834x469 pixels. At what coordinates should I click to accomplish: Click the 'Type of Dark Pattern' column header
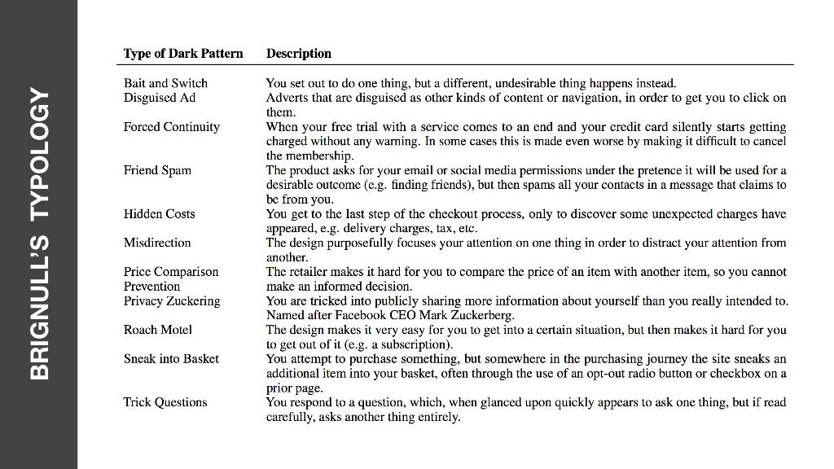coord(183,54)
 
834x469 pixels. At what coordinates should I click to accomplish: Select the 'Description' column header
coord(299,54)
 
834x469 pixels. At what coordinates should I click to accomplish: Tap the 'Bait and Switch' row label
coord(165,83)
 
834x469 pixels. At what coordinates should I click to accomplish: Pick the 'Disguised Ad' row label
coord(160,98)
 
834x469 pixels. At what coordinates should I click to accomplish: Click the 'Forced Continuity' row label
coord(172,127)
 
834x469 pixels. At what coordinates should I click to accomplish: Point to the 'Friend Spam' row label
coord(157,170)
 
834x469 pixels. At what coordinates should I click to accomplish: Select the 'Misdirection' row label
coord(157,243)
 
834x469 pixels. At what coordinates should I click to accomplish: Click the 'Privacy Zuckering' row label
coord(172,301)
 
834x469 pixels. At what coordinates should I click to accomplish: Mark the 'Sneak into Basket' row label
coord(171,359)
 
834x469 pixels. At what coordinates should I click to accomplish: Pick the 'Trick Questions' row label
coord(165,402)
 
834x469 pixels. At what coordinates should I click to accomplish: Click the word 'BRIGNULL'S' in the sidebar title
coord(40,307)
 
